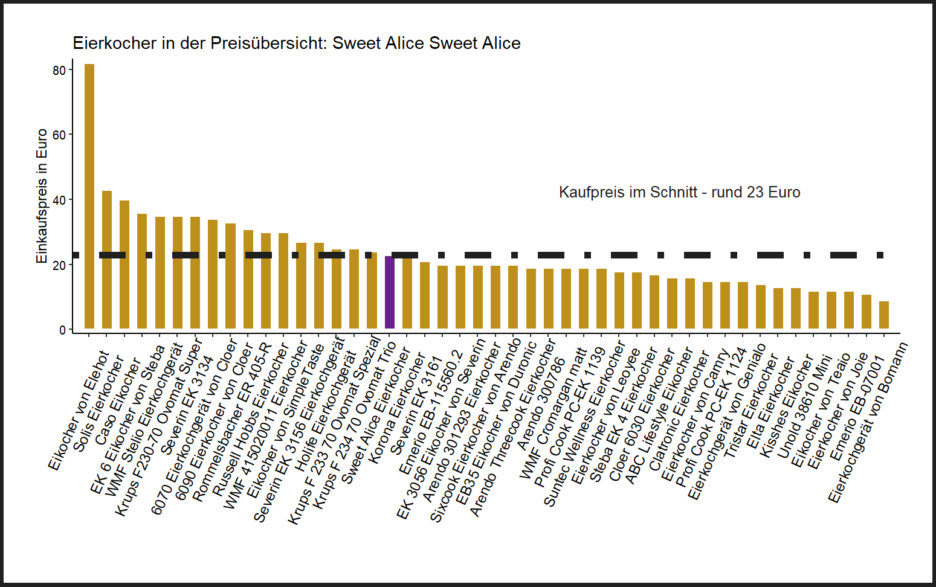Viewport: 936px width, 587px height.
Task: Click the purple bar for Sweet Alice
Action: pos(390,293)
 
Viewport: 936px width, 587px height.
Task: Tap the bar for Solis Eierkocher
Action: pos(107,260)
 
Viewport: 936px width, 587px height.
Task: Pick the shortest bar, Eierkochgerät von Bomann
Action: pos(884,315)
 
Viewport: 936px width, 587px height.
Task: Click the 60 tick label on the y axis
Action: pos(59,135)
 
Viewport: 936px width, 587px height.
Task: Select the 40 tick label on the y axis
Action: pos(59,200)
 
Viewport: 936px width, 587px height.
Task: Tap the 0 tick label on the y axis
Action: pos(63,330)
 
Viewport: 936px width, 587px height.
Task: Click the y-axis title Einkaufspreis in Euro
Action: pos(42,196)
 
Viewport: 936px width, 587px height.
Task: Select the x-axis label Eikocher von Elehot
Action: pos(78,411)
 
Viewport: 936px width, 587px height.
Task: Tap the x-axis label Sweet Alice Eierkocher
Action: pos(376,417)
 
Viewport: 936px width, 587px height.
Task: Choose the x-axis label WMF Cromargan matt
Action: pos(553,414)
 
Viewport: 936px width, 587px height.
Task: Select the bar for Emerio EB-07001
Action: pos(867,312)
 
